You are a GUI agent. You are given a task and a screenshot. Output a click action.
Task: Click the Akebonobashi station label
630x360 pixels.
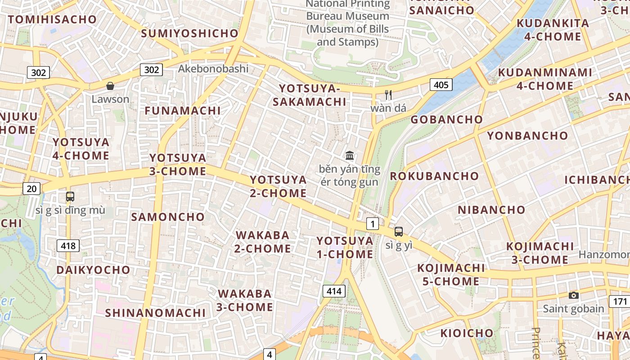point(213,68)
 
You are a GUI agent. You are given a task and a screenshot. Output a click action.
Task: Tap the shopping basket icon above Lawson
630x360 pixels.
point(110,85)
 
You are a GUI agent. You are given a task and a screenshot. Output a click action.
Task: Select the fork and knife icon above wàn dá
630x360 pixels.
point(388,95)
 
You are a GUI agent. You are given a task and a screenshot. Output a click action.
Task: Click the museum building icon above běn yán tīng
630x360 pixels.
point(350,156)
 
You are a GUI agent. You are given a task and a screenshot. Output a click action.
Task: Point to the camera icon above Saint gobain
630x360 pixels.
point(573,295)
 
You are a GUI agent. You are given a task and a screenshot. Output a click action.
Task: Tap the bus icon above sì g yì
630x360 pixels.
point(399,232)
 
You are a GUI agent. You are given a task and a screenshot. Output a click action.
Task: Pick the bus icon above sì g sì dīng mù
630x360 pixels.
point(70,196)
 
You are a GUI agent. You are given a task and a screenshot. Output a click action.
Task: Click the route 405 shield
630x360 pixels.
point(441,84)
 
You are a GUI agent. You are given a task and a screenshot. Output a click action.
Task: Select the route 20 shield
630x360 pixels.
point(31,189)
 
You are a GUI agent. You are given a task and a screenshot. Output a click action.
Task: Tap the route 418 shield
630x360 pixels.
point(68,245)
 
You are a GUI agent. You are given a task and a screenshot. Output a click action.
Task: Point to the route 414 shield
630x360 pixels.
point(334,291)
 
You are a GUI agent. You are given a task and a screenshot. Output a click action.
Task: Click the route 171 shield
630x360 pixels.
point(619,301)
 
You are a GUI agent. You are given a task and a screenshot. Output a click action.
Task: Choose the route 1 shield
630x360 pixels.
point(372,223)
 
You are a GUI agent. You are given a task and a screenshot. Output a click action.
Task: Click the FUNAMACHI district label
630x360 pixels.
point(183,110)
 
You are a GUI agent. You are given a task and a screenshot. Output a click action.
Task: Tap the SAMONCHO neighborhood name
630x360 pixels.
point(168,216)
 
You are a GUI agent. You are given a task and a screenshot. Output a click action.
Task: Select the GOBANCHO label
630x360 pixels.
point(446,119)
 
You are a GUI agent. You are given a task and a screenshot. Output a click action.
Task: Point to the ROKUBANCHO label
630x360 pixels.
point(434,175)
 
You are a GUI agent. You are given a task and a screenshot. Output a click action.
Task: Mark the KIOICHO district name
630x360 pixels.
point(467,333)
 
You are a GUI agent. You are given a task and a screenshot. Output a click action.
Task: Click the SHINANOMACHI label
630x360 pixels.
point(155,312)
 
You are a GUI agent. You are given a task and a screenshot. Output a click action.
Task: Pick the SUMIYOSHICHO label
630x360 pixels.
point(189,33)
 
